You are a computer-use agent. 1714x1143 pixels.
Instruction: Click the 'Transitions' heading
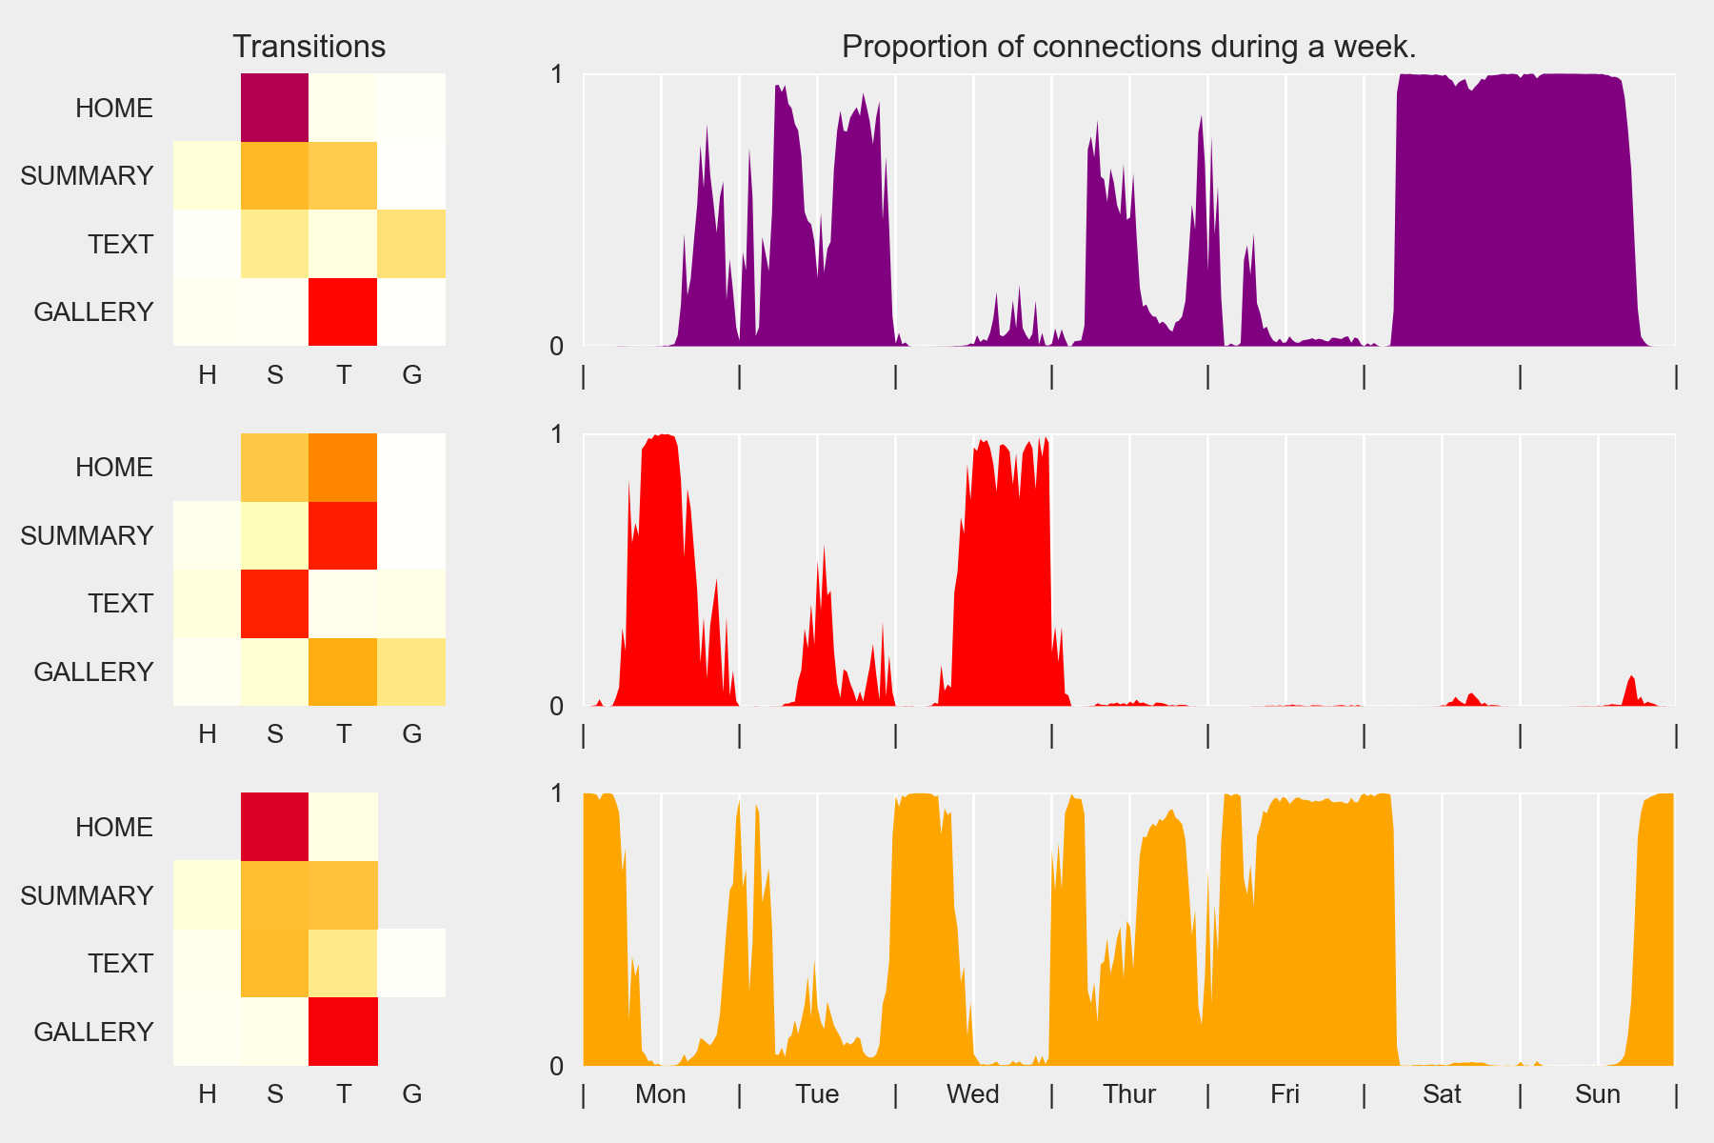point(309,47)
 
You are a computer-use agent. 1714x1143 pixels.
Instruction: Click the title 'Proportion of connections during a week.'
point(1128,47)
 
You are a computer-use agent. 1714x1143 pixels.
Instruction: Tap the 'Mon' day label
point(660,1093)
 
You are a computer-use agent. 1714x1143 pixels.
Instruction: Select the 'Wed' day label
point(972,1093)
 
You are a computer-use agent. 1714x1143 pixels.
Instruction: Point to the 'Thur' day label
point(1128,1093)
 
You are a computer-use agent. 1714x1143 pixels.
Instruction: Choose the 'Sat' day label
point(1442,1093)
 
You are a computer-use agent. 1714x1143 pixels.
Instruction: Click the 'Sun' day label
point(1597,1093)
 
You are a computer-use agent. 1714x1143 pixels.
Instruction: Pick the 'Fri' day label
point(1285,1093)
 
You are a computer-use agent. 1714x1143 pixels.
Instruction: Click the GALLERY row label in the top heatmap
point(93,311)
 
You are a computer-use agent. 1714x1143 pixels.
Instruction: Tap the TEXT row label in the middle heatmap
point(120,603)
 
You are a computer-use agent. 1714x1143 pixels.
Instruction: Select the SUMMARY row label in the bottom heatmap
point(87,895)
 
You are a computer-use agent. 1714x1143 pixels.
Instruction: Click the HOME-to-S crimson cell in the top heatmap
point(274,108)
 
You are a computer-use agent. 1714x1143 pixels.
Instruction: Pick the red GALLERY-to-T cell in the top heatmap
point(343,311)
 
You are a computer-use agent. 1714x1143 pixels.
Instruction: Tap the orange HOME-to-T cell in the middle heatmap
point(343,468)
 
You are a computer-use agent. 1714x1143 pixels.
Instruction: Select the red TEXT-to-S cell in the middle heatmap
point(274,603)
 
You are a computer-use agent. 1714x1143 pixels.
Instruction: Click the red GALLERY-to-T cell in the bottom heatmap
point(343,1032)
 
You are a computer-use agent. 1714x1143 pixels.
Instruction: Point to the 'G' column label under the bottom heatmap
point(411,1093)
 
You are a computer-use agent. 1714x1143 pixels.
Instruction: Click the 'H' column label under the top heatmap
point(207,374)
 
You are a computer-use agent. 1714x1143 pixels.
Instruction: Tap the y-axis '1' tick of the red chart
point(557,434)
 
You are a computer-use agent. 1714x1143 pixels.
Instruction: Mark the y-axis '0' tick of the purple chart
point(557,346)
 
